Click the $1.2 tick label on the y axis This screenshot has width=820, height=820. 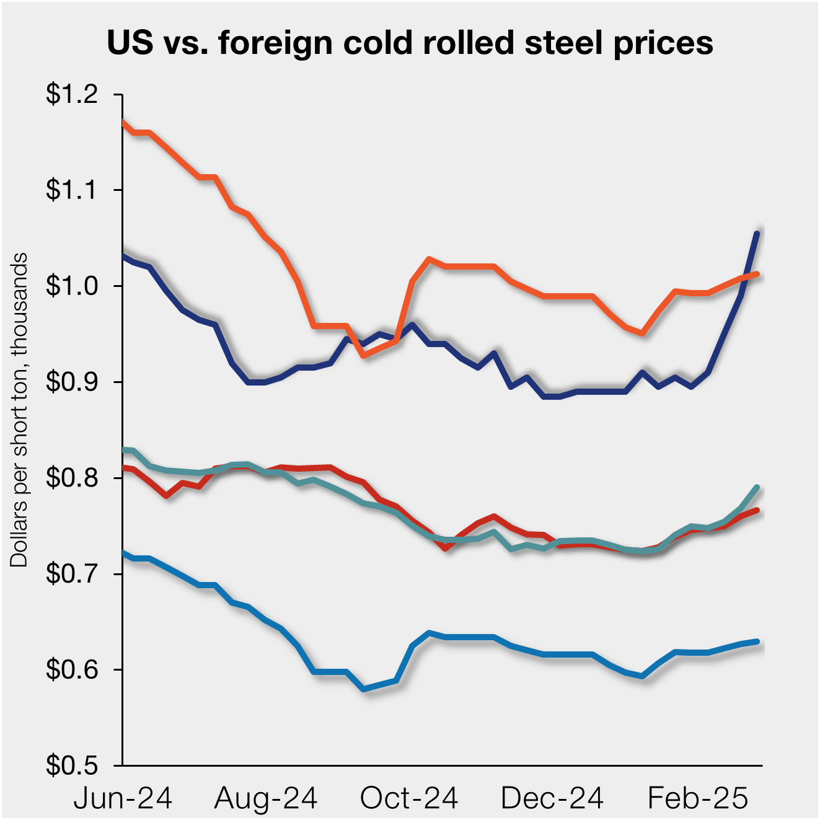(71, 94)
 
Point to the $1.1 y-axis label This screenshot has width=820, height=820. (71, 190)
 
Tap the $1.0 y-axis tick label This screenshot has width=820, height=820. (71, 286)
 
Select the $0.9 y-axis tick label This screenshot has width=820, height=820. (71, 382)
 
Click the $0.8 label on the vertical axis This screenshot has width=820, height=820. (71, 478)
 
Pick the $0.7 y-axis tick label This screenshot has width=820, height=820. (71, 574)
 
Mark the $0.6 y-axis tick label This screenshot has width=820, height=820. (71, 670)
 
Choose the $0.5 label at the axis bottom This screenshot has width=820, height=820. (71, 766)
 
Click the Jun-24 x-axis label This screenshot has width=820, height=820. (123, 798)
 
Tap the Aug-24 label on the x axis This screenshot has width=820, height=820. (266, 798)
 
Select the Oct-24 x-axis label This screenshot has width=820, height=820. (409, 798)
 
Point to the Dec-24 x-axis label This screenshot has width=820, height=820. (552, 798)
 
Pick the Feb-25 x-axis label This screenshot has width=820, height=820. (698, 798)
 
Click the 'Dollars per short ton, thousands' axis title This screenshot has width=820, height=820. (19, 409)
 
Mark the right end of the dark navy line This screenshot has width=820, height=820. (757, 233)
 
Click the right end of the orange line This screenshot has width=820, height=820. (757, 273)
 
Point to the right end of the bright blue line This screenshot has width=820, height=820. (757, 641)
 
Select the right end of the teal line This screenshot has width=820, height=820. (757, 487)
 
